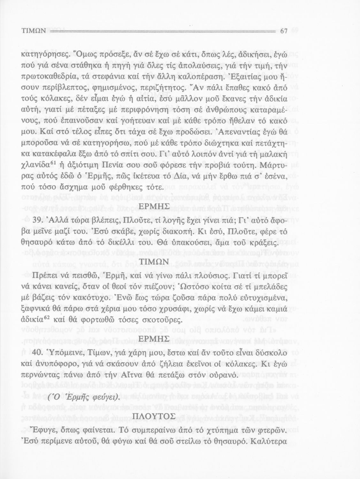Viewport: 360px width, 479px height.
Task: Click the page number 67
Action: pyautogui.click(x=284, y=31)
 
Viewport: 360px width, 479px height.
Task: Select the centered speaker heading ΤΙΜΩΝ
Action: pyautogui.click(x=154, y=262)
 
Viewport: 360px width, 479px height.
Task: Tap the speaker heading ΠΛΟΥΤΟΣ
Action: pyautogui.click(x=154, y=416)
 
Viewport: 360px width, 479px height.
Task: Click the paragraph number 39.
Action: pyautogui.click(x=37, y=221)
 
